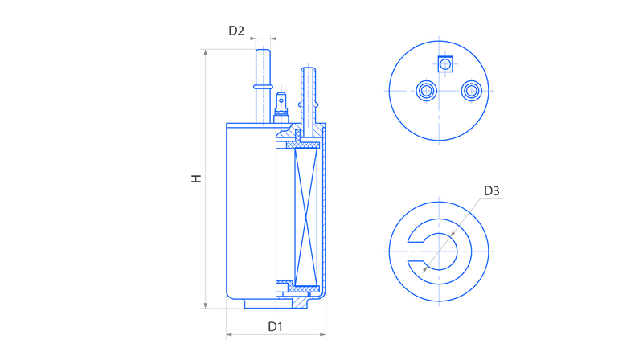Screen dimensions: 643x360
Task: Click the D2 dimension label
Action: pyautogui.click(x=236, y=31)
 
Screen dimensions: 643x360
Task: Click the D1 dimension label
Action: pyautogui.click(x=275, y=327)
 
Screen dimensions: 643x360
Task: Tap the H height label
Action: pyautogui.click(x=197, y=178)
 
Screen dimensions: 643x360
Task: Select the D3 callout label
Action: pyautogui.click(x=491, y=191)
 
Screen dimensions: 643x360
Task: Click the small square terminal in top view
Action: pyautogui.click(x=445, y=64)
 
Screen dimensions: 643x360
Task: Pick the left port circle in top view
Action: pyautogui.click(x=427, y=91)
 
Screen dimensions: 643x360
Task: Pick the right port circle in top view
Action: pyautogui.click(x=472, y=91)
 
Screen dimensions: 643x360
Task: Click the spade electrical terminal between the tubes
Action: pyautogui.click(x=281, y=108)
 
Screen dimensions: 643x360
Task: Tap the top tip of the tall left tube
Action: pyautogui.click(x=263, y=50)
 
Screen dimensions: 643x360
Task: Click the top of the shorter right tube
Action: pyautogui.click(x=309, y=68)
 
